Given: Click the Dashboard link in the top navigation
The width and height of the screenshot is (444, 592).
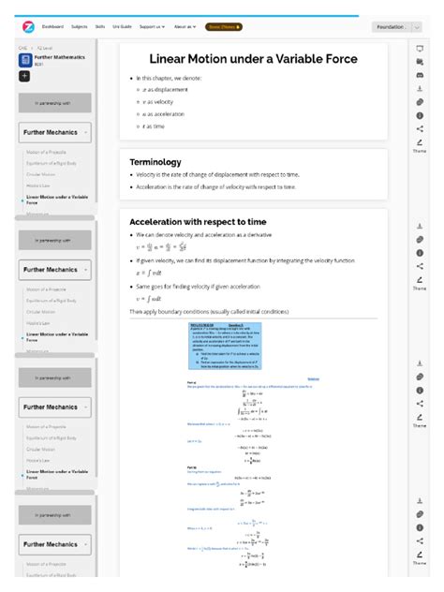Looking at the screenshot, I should [x=53, y=27].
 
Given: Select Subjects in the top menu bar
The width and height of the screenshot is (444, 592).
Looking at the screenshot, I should [x=78, y=27].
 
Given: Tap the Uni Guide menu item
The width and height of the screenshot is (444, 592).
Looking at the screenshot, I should [x=122, y=27].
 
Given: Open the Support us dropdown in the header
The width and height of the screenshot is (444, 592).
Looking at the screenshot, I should [x=153, y=27].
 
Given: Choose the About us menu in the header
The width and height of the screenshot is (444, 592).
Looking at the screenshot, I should [x=185, y=27].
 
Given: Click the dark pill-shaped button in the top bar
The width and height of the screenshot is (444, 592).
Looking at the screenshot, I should [x=224, y=27].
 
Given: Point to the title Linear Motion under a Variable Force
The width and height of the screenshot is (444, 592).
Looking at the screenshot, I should [x=253, y=59].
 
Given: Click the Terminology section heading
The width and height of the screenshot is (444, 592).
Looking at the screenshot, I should [x=155, y=162].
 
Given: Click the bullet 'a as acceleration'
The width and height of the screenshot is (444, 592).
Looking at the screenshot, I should [x=166, y=113].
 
